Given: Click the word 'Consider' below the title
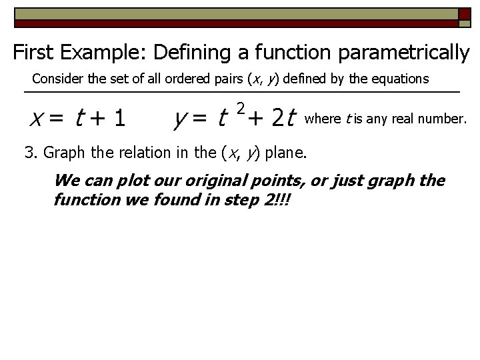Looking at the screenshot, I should [56, 79].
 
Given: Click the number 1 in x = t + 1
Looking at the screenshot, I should [119, 119].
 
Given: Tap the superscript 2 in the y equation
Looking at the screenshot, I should [241, 108].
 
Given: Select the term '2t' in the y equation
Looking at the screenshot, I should [283, 119].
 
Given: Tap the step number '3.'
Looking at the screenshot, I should [31, 153].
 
